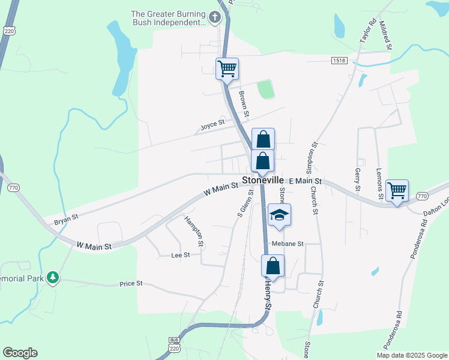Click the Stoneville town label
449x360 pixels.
point(265,179)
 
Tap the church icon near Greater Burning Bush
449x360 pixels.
point(214,19)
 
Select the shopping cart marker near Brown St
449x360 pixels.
point(228,68)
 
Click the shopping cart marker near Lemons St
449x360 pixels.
point(397,190)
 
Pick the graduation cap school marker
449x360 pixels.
point(279,215)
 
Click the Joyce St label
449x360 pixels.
point(212,125)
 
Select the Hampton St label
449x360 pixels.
point(194,230)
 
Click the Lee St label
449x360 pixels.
point(180,255)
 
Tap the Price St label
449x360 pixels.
point(130,283)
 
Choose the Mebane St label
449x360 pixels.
point(288,244)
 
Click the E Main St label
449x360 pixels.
point(306,181)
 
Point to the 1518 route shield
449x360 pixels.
point(339,61)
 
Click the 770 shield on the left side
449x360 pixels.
point(13,188)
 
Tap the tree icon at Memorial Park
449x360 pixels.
point(53,277)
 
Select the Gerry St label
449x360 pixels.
point(357,179)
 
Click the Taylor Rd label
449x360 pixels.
point(367,29)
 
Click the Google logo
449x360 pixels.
point(20,353)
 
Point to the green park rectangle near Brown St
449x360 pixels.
point(265,90)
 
